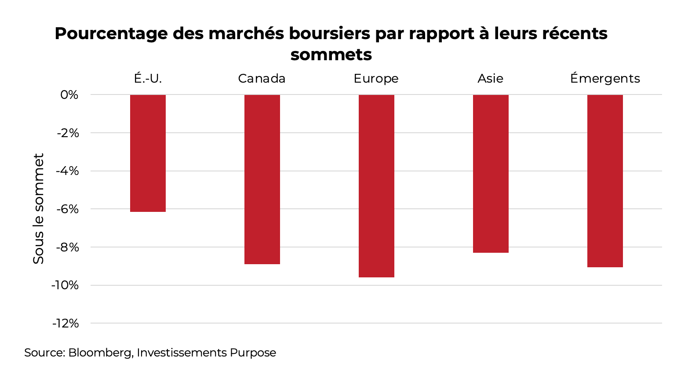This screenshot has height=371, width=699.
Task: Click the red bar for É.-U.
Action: (x=148, y=153)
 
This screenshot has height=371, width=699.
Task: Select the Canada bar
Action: (x=262, y=179)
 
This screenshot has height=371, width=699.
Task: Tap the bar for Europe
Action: (x=376, y=185)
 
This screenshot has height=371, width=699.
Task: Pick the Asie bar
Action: (x=491, y=174)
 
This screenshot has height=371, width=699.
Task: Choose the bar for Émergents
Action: (x=605, y=181)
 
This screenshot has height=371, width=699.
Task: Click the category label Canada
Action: (x=262, y=79)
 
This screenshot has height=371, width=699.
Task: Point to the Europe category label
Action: (x=376, y=79)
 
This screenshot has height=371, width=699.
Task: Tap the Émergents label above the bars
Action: (x=605, y=79)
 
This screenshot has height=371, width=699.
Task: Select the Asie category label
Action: (x=490, y=79)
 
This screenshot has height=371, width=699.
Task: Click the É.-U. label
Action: (x=148, y=79)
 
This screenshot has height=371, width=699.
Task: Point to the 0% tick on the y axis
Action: (x=69, y=95)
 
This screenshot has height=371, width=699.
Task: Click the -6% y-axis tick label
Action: (x=67, y=209)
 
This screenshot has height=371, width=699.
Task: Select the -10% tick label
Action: (x=65, y=285)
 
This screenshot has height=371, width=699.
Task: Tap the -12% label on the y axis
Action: (x=66, y=324)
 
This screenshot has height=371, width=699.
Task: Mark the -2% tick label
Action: (x=68, y=133)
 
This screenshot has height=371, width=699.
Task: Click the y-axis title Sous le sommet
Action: (x=39, y=209)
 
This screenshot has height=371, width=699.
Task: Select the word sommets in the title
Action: (x=331, y=55)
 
